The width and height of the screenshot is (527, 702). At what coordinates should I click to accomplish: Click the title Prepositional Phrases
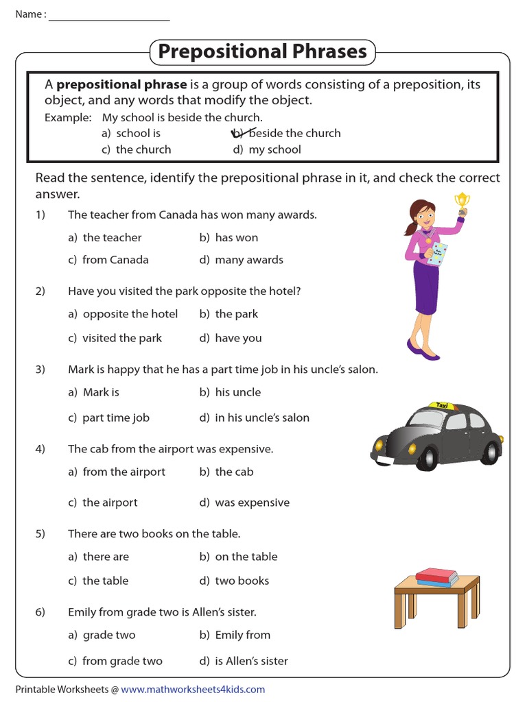click(262, 51)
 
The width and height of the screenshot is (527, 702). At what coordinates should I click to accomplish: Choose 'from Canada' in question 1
click(115, 260)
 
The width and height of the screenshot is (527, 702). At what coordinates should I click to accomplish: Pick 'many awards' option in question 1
click(248, 260)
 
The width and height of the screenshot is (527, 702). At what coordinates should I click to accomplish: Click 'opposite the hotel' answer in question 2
click(130, 314)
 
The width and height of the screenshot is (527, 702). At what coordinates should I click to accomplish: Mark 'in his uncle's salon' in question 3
click(261, 417)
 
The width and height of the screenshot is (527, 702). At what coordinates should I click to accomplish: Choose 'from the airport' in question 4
click(124, 472)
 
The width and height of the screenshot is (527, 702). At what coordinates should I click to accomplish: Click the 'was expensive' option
click(252, 503)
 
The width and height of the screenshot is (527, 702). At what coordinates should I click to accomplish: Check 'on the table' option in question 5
click(246, 557)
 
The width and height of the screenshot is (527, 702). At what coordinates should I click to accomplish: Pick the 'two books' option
click(242, 581)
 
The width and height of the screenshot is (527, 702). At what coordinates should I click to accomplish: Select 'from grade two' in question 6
click(122, 661)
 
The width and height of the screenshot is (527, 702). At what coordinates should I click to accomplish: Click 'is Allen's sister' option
click(251, 661)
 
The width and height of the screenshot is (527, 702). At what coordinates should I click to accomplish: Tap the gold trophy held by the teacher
click(462, 202)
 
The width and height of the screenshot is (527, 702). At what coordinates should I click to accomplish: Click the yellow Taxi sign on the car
click(442, 406)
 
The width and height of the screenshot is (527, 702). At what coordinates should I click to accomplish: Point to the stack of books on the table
click(437, 577)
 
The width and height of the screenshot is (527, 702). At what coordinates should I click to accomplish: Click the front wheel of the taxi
click(427, 455)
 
